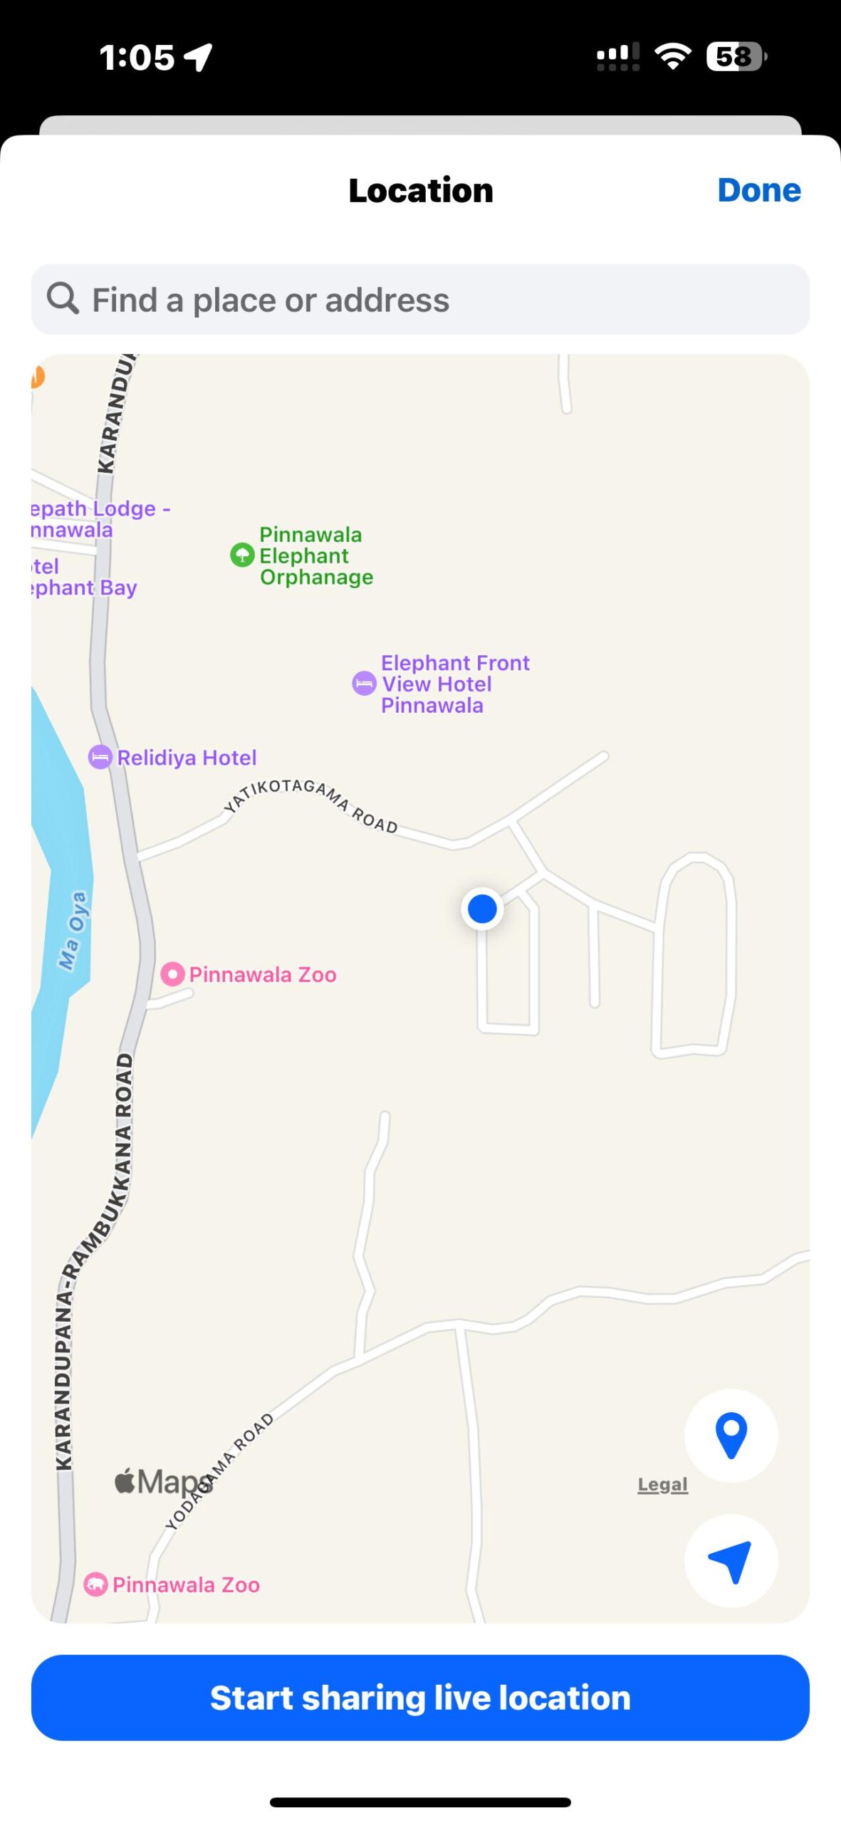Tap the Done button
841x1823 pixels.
click(758, 190)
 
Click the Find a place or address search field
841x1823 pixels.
click(420, 300)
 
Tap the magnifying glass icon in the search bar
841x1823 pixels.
click(63, 298)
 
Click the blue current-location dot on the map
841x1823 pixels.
click(482, 909)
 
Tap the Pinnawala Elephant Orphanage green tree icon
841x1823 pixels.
click(242, 555)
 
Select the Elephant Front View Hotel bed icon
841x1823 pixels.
click(364, 684)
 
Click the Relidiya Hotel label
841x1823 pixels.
click(187, 758)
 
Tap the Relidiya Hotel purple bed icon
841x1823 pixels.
click(100, 757)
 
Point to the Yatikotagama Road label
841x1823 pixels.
click(310, 803)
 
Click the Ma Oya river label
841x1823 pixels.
click(73, 930)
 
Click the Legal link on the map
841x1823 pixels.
click(662, 1485)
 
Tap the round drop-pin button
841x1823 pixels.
click(731, 1436)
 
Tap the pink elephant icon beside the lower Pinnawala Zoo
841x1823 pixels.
click(95, 1584)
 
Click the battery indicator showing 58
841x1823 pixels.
click(736, 57)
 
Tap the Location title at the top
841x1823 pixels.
click(420, 190)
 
